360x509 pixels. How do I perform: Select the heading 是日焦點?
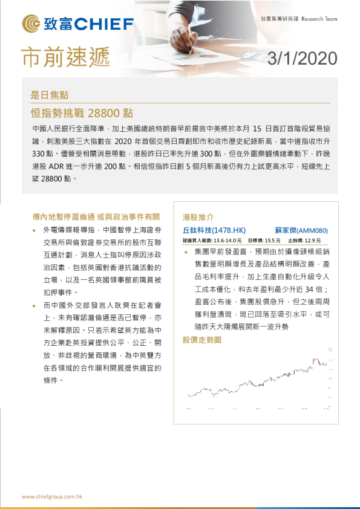pos(50,95)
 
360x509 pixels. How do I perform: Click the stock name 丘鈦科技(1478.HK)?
pos(214,230)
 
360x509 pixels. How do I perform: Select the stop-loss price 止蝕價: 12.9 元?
pos(308,240)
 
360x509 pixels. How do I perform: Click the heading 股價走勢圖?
pos(202,340)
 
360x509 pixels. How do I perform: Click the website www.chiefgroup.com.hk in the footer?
pos(52,496)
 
